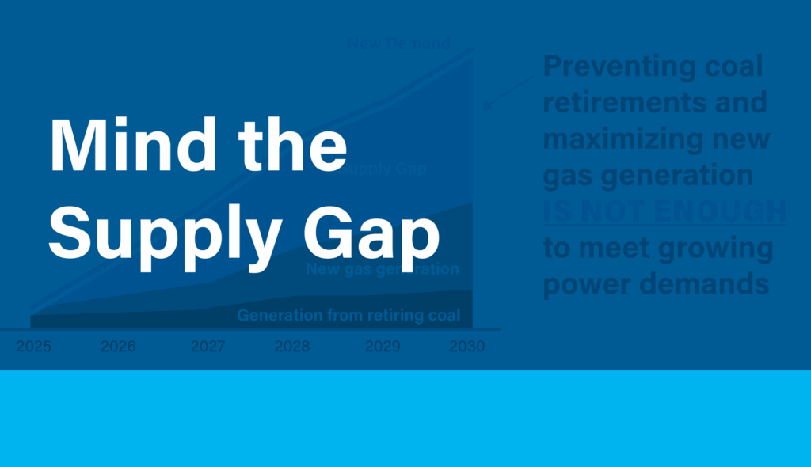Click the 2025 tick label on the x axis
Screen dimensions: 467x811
coord(33,347)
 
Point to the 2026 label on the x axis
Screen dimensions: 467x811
coord(118,347)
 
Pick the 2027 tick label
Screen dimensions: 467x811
coord(208,347)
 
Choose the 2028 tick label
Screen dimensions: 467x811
coord(292,347)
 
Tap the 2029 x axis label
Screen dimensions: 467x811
coord(383,347)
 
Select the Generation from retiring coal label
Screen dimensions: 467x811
coord(348,316)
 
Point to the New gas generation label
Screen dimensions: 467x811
coord(382,269)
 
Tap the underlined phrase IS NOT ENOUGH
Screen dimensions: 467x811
coord(665,212)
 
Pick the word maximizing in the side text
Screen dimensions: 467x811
coord(623,139)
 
